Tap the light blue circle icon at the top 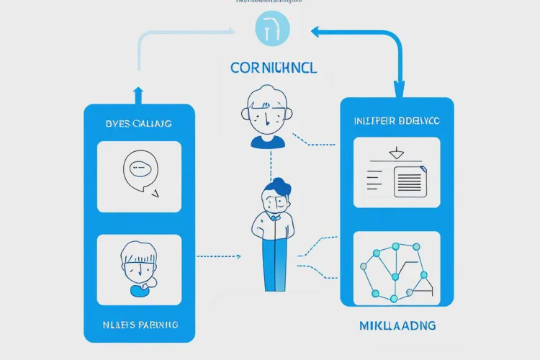pyautogui.click(x=271, y=30)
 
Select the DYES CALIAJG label pyautogui.click(x=139, y=124)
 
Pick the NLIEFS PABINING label pyautogui.click(x=139, y=325)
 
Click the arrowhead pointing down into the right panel pyautogui.click(x=397, y=91)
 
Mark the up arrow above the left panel pyautogui.click(x=139, y=92)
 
